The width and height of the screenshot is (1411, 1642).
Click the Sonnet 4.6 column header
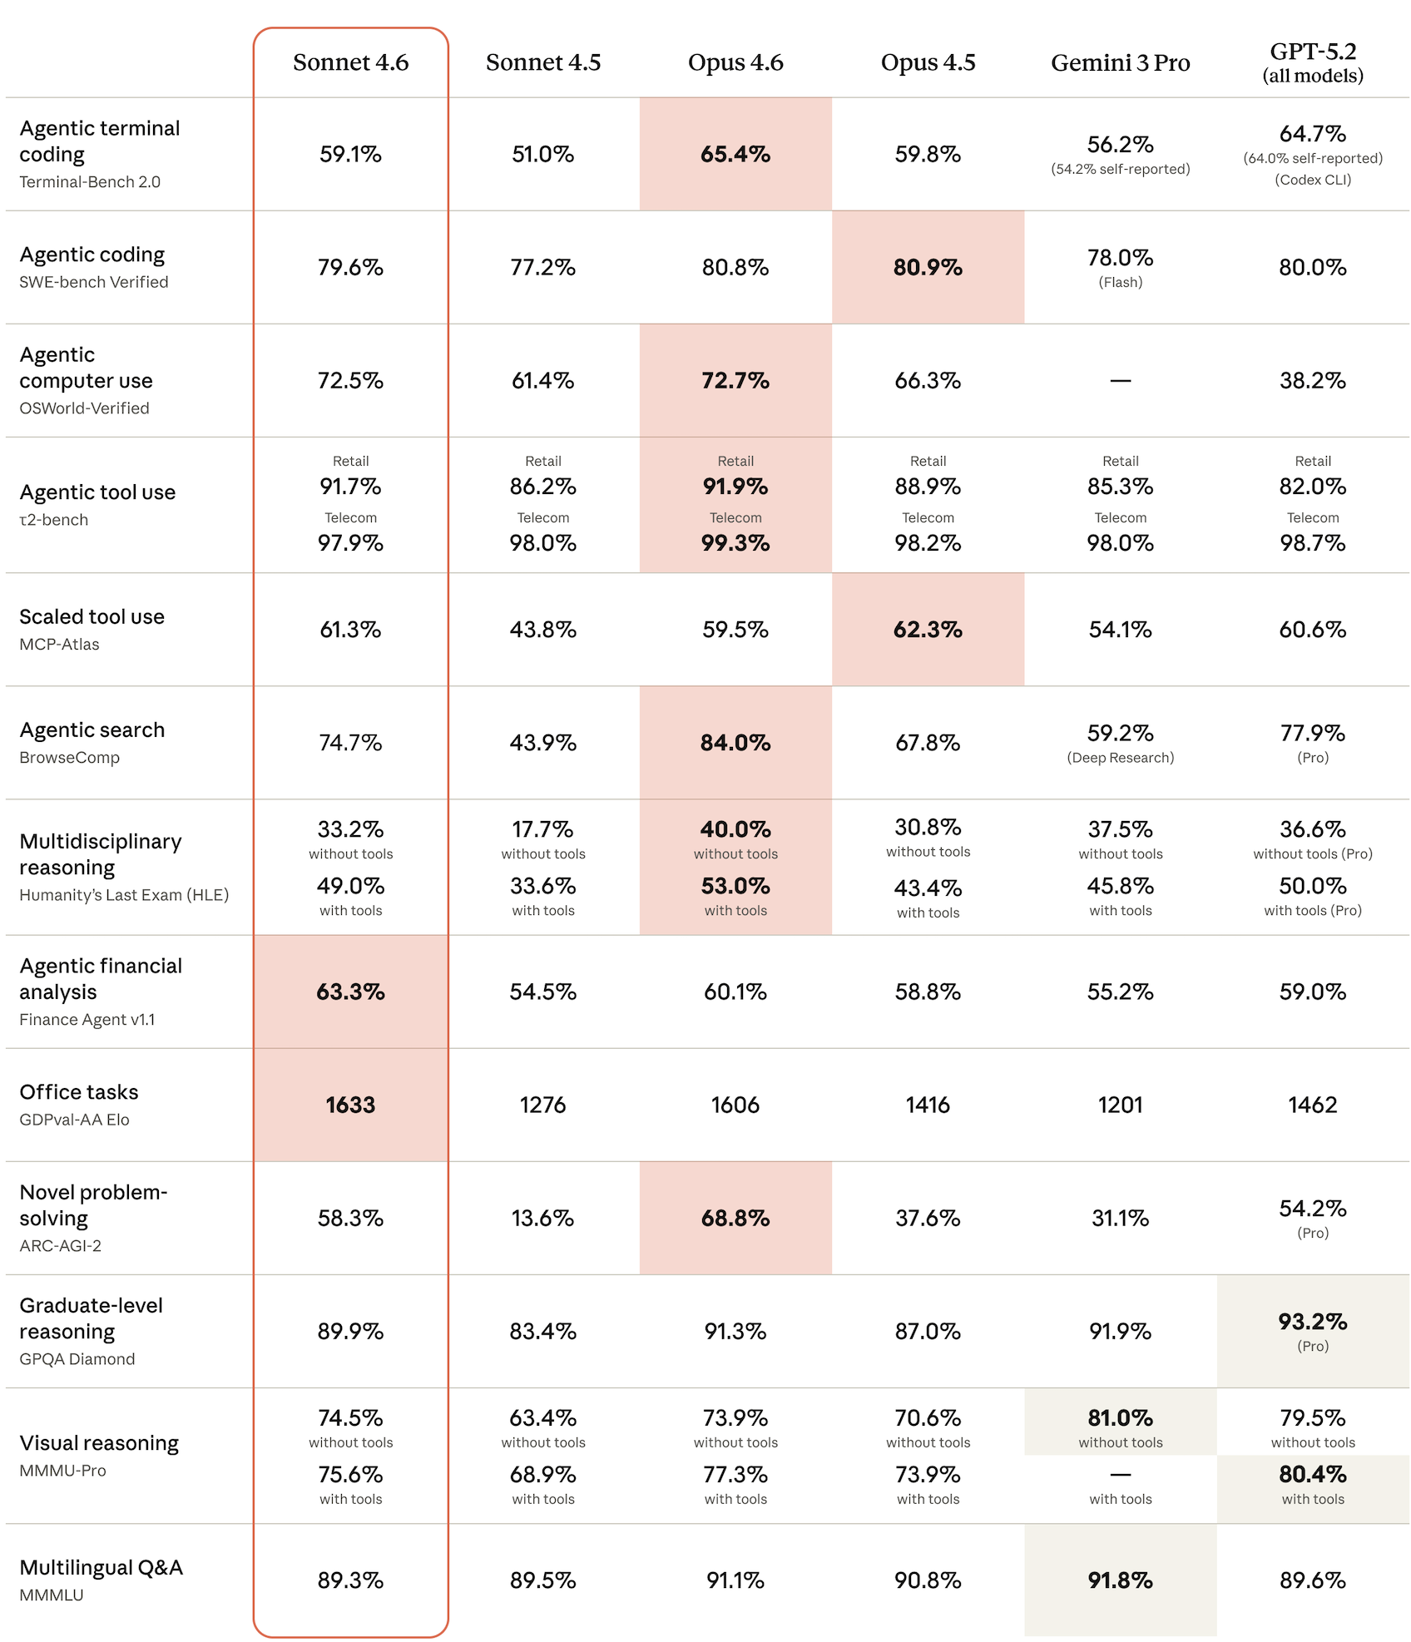(350, 62)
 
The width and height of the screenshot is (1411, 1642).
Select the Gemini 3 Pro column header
(1120, 63)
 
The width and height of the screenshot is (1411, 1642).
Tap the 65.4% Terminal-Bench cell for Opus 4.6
(735, 154)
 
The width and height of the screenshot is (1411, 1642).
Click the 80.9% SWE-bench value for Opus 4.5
(928, 267)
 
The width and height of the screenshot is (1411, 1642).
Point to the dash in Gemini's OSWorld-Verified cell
(1120, 381)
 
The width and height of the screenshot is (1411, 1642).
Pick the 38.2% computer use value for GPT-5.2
(1312, 380)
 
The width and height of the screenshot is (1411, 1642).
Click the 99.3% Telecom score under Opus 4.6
(735, 543)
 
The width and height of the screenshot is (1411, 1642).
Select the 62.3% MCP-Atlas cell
(928, 630)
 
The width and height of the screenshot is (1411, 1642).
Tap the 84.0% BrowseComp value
(735, 743)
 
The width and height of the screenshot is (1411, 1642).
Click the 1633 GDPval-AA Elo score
(350, 1105)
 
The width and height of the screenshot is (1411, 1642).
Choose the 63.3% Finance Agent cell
(350, 992)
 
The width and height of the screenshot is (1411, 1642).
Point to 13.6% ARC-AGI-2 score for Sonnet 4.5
(542, 1218)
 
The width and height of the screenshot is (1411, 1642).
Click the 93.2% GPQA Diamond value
(1312, 1321)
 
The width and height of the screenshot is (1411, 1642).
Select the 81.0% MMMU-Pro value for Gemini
(1120, 1417)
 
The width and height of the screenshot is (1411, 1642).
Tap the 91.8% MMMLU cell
(1120, 1580)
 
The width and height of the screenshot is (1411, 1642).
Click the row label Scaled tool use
(92, 616)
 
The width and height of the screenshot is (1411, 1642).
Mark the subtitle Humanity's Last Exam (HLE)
(124, 895)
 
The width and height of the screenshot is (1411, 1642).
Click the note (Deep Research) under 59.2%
(1120, 758)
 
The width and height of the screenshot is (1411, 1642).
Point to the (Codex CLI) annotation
(1312, 180)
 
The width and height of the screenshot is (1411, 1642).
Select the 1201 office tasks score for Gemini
(1120, 1105)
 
